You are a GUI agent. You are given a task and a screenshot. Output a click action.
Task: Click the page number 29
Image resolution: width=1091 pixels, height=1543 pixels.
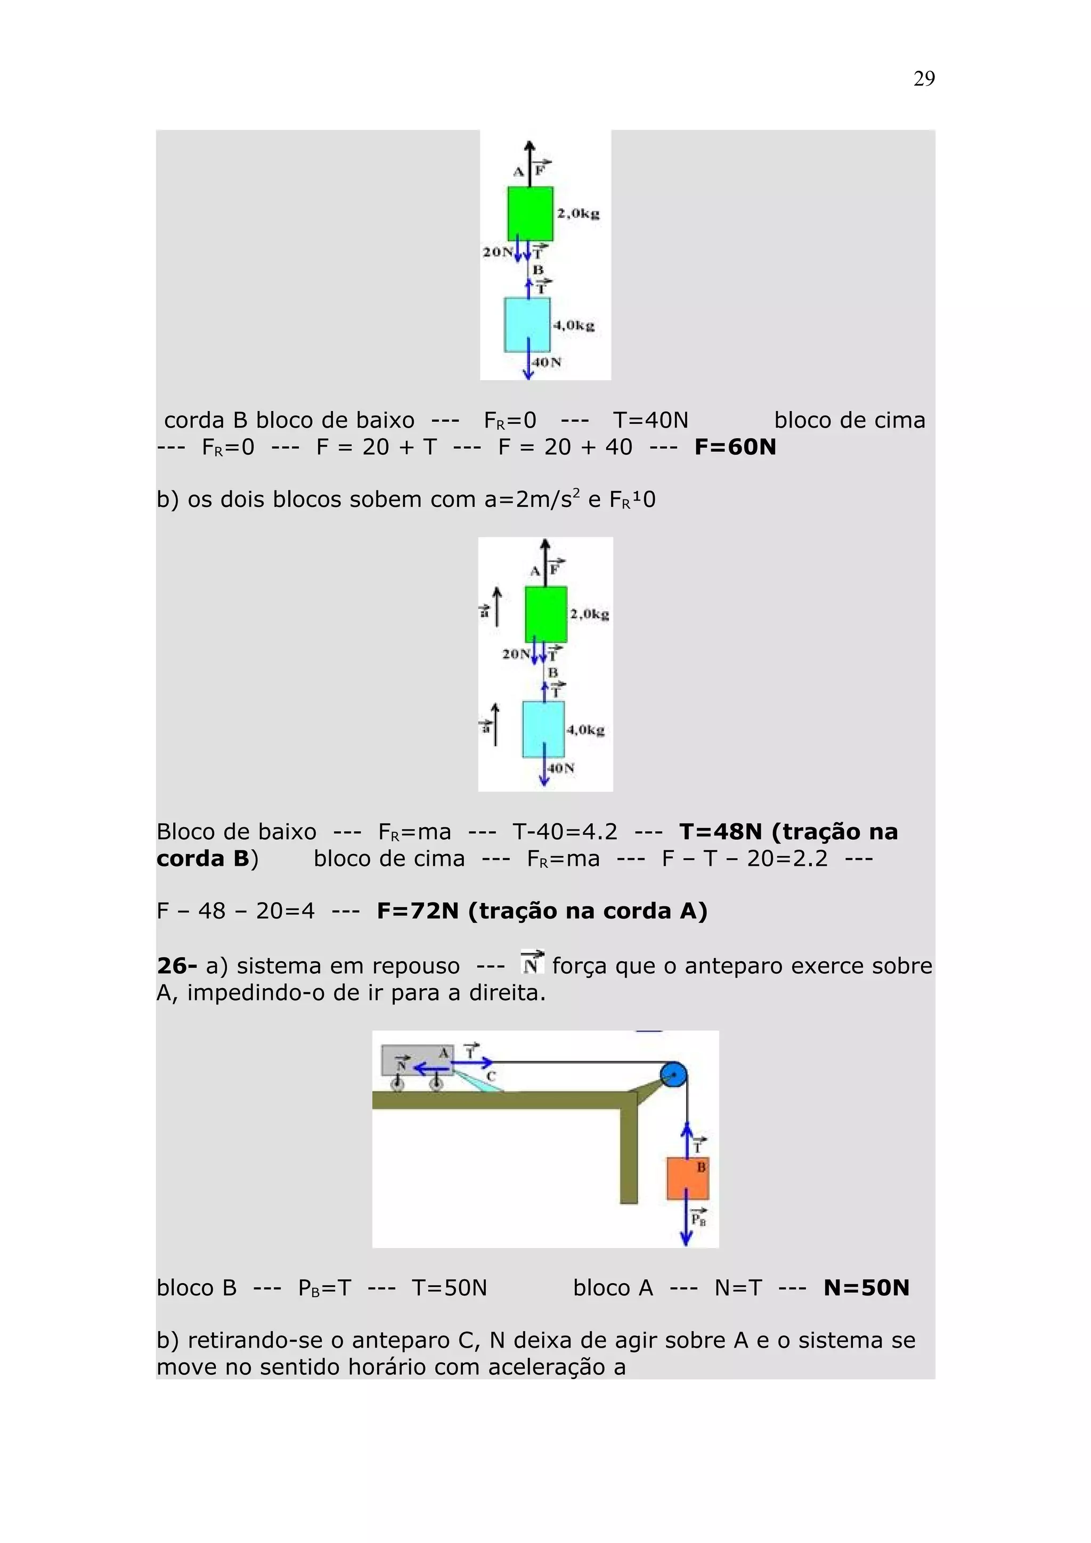click(x=924, y=79)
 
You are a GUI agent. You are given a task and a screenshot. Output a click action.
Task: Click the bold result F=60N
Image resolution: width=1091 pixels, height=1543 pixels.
click(x=735, y=447)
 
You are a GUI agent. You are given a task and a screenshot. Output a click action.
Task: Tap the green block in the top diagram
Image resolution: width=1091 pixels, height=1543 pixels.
click(x=530, y=213)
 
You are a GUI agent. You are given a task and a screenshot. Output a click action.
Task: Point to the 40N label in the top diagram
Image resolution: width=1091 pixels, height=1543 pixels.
click(x=547, y=362)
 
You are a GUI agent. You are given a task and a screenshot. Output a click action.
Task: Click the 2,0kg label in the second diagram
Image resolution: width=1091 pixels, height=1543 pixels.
click(x=590, y=613)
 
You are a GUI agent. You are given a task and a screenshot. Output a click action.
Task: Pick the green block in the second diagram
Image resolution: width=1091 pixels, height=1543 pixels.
click(x=545, y=613)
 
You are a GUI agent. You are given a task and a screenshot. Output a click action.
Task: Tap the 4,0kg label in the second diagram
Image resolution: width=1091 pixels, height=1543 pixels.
click(x=585, y=730)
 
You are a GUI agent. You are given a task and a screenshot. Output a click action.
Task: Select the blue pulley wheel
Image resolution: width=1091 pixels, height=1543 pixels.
click(x=672, y=1076)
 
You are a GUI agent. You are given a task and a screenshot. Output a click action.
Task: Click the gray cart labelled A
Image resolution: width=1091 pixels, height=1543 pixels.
click(x=417, y=1060)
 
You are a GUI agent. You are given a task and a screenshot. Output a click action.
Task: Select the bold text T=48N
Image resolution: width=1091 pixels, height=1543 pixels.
click(x=721, y=832)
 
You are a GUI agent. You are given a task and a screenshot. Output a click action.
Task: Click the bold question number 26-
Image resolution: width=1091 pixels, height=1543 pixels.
click(x=177, y=966)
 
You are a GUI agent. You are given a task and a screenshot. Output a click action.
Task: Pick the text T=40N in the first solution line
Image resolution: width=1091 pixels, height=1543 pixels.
click(x=650, y=421)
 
